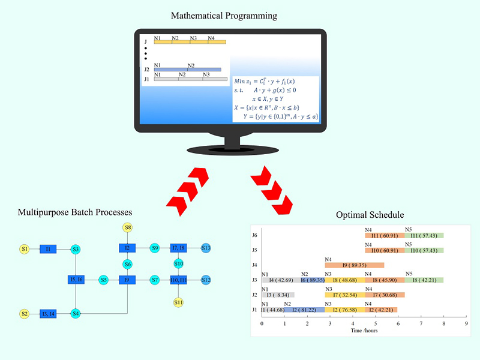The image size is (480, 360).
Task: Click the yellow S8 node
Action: (x=128, y=227)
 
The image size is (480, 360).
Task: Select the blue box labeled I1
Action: (x=48, y=249)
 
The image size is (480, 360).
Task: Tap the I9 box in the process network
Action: (x=127, y=280)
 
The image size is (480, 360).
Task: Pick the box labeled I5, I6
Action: (x=76, y=280)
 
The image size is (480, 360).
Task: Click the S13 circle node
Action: (x=206, y=248)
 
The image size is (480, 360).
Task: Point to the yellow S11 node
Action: (x=178, y=302)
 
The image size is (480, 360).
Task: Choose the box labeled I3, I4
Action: (x=48, y=314)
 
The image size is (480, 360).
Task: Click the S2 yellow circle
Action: (x=25, y=314)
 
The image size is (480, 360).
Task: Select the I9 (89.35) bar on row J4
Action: (x=354, y=265)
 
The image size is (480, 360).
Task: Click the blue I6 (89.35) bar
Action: (x=313, y=280)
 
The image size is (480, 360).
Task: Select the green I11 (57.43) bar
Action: (x=424, y=236)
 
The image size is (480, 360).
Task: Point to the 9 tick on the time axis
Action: (x=466, y=323)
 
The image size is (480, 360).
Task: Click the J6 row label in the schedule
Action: (x=254, y=236)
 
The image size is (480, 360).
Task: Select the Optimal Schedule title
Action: (x=370, y=215)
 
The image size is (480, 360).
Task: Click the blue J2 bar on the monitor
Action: (x=187, y=70)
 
